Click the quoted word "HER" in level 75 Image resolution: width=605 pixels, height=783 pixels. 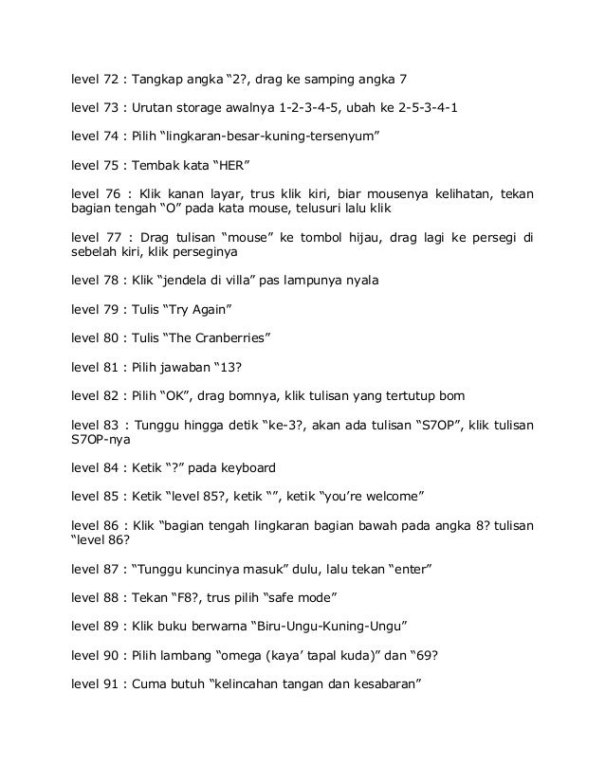click(x=229, y=167)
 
